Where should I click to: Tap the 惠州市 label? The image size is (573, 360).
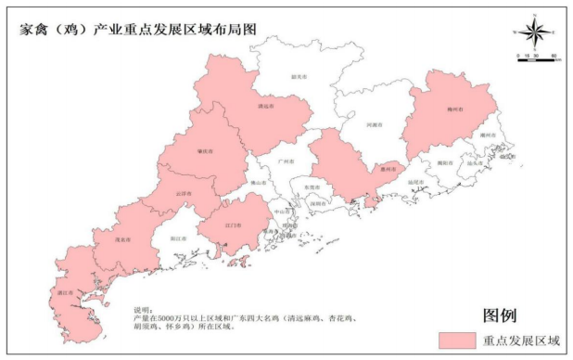click(x=391, y=169)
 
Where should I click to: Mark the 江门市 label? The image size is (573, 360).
click(x=234, y=225)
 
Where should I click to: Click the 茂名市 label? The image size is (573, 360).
click(x=121, y=239)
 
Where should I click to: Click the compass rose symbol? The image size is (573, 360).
click(x=534, y=32)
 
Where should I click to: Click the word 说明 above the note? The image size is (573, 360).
click(x=140, y=308)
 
